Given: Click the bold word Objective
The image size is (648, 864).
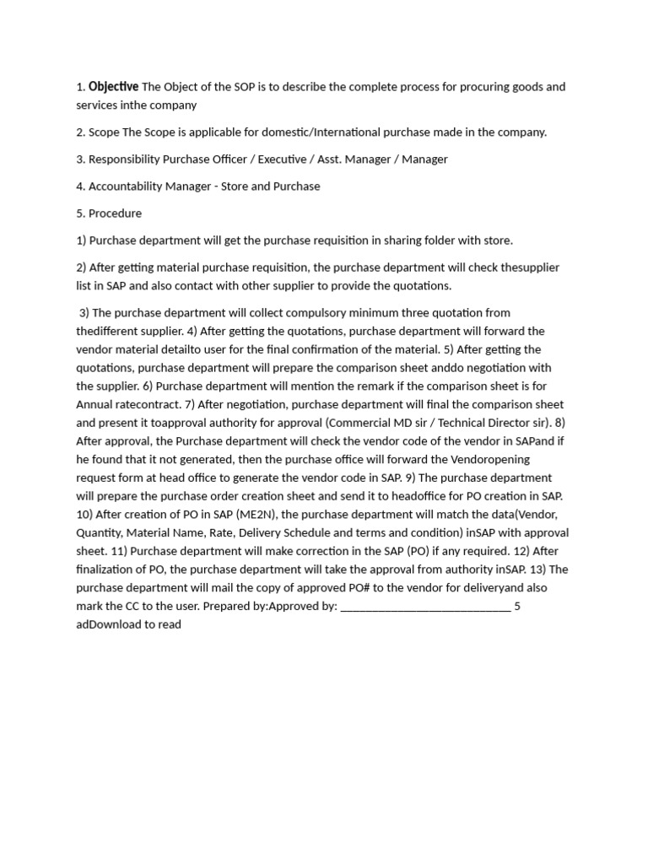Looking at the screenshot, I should (x=114, y=86).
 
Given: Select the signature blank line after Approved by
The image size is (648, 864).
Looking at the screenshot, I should (x=425, y=606).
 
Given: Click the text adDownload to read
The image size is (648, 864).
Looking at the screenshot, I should (x=128, y=624).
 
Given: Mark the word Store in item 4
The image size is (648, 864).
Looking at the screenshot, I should (x=236, y=186).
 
